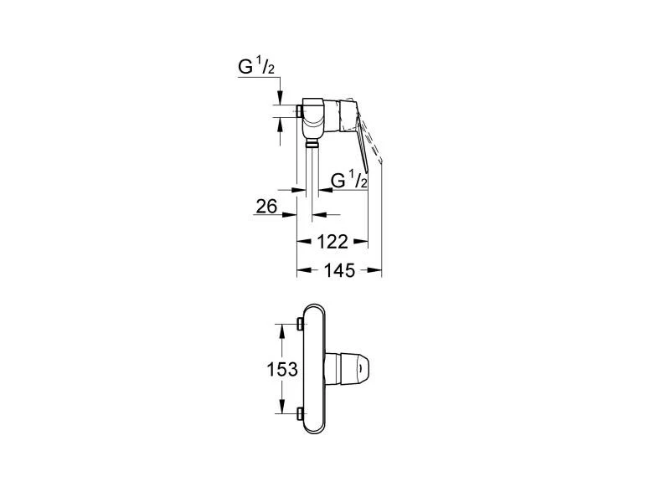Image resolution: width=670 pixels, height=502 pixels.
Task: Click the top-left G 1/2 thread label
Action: [x=256, y=67]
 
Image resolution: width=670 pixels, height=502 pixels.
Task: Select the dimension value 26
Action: [x=266, y=207]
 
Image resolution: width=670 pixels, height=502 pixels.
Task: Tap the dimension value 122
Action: [x=332, y=242]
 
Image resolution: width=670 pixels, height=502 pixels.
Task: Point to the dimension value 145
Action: [x=339, y=269]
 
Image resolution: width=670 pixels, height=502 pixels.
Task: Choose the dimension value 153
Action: [x=282, y=369]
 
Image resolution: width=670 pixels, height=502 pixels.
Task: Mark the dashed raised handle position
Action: [x=372, y=141]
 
